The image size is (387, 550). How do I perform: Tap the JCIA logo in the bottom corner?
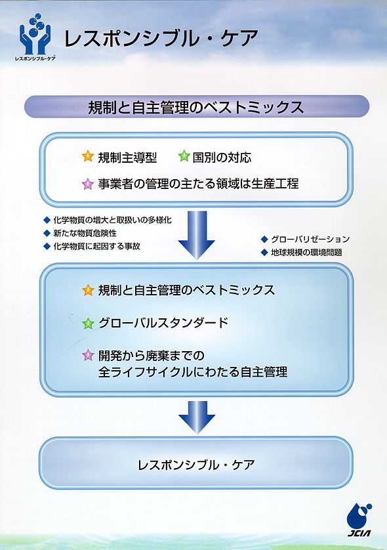(x=359, y=520)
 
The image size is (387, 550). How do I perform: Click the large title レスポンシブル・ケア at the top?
(x=161, y=38)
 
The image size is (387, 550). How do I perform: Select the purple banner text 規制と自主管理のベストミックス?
(x=195, y=107)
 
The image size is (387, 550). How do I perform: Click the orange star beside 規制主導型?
(x=88, y=156)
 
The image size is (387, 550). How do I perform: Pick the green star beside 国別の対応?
(x=184, y=156)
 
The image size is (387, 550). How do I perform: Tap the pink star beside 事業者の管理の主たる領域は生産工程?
(x=88, y=184)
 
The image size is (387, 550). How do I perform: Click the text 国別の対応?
(x=222, y=158)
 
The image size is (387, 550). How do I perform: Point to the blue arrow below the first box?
(x=196, y=235)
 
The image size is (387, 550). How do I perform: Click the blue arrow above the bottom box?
(x=196, y=417)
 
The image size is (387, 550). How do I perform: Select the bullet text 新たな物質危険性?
(x=85, y=233)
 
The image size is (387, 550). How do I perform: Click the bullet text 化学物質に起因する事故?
(x=97, y=246)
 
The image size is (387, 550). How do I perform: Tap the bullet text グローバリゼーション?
(x=310, y=239)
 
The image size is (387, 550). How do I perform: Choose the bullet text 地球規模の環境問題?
(x=306, y=252)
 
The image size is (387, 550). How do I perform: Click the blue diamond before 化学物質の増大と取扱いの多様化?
(x=47, y=221)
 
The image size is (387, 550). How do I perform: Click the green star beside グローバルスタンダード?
(x=88, y=323)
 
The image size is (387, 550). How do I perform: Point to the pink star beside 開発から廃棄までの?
(x=88, y=355)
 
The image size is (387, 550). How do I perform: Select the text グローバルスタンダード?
(x=163, y=323)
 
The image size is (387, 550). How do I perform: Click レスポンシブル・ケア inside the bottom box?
(x=196, y=465)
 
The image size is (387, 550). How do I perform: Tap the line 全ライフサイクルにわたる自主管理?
(x=193, y=372)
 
